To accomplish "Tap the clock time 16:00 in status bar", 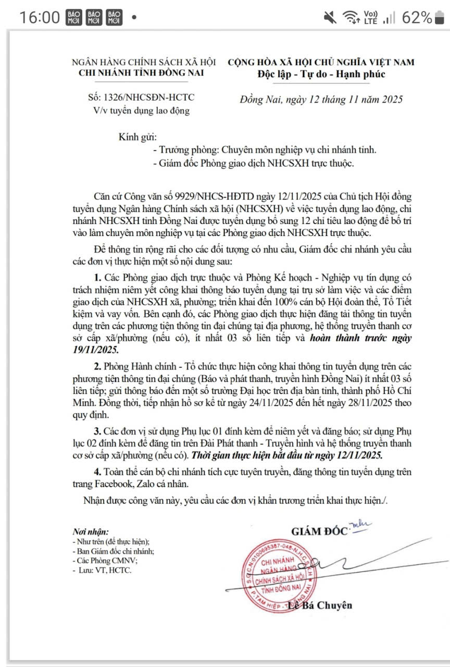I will (x=40, y=17).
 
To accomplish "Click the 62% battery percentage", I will (x=417, y=17).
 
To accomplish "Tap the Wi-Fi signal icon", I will (x=349, y=18).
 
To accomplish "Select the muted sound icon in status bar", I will (x=330, y=18).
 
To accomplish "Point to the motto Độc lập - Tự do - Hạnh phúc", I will (x=321, y=73).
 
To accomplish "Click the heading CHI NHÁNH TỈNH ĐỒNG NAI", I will (x=141, y=72).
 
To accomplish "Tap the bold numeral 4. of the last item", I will (x=97, y=472).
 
